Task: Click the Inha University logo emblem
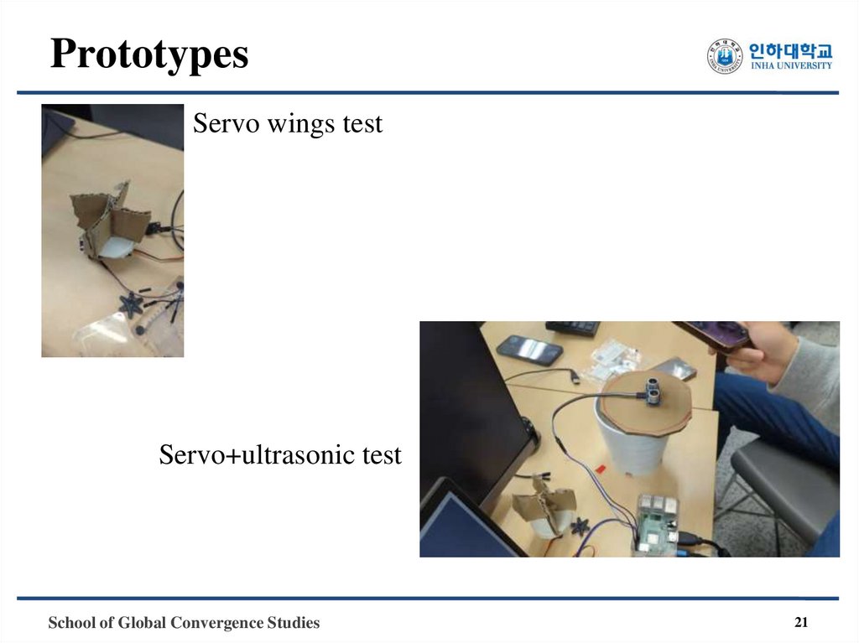[725, 56]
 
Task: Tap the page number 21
[800, 622]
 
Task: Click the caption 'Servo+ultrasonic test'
[280, 455]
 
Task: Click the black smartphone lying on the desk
[528, 349]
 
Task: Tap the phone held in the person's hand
[713, 334]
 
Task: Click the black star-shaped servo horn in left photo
[131, 304]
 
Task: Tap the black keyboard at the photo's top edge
[572, 327]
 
